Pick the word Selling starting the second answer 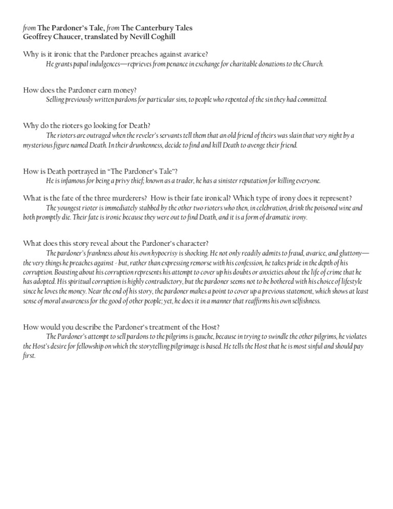click(55, 99)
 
